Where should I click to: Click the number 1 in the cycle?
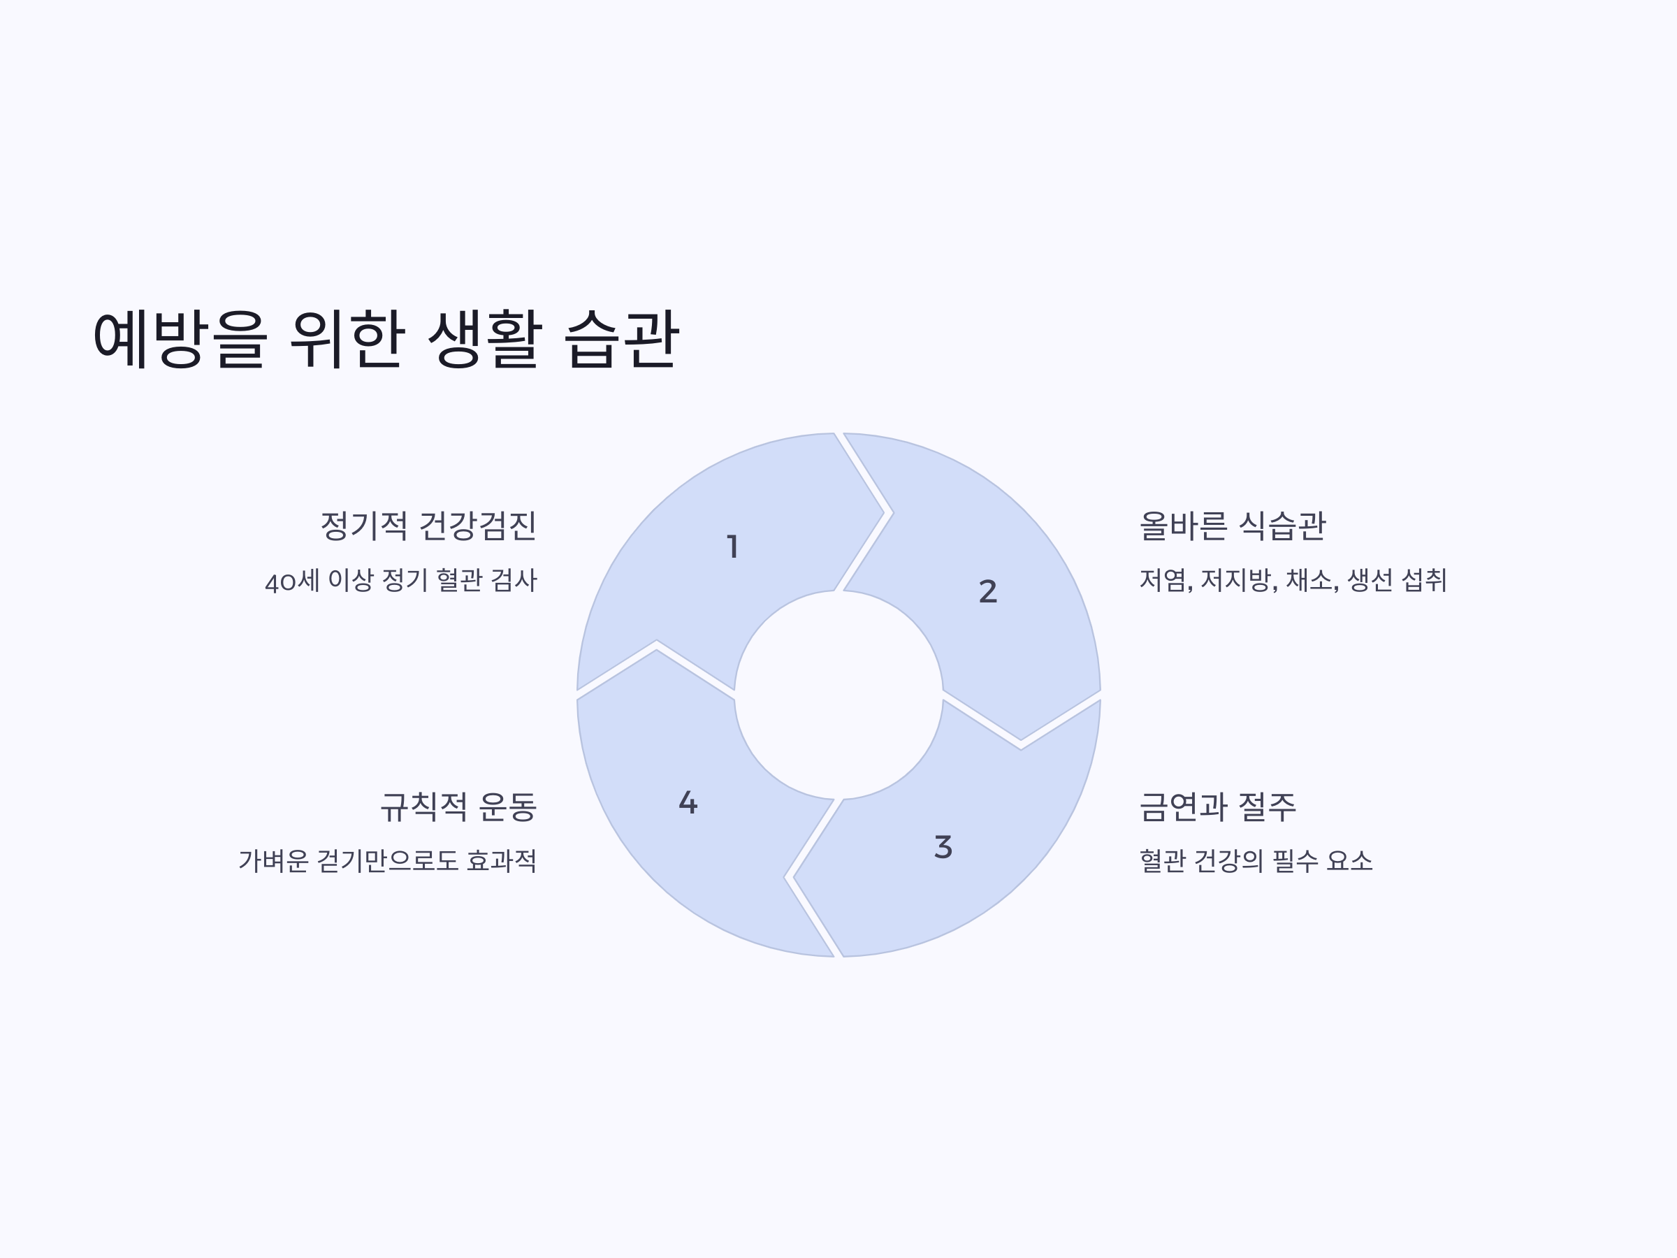coord(732,547)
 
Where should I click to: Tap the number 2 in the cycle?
coord(988,591)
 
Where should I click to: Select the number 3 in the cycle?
coord(943,847)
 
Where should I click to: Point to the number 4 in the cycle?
coord(688,802)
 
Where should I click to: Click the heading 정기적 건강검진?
coord(428,526)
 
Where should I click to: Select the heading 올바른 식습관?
coord(1233,526)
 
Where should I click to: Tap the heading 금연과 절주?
coord(1217,806)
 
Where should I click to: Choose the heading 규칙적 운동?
coord(458,806)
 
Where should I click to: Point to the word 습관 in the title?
coord(622,338)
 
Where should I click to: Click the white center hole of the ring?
coord(838,695)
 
